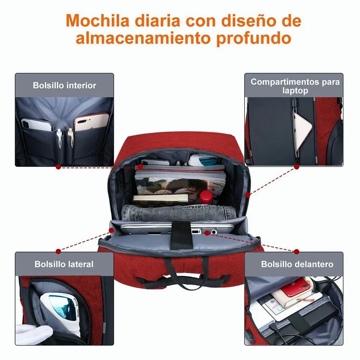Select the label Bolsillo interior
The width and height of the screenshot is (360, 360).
click(x=64, y=86)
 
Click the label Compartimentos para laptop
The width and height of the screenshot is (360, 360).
click(x=295, y=86)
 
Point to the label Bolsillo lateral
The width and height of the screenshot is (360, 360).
click(x=64, y=264)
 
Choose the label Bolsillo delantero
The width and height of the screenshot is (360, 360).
click(x=297, y=264)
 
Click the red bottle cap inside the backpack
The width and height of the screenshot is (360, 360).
click(x=206, y=196)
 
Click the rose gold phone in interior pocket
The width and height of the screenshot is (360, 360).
click(x=91, y=122)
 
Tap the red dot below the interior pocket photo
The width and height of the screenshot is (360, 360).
click(x=58, y=166)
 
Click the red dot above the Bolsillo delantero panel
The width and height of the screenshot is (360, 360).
click(x=297, y=251)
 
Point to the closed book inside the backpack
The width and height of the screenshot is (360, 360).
click(x=161, y=198)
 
